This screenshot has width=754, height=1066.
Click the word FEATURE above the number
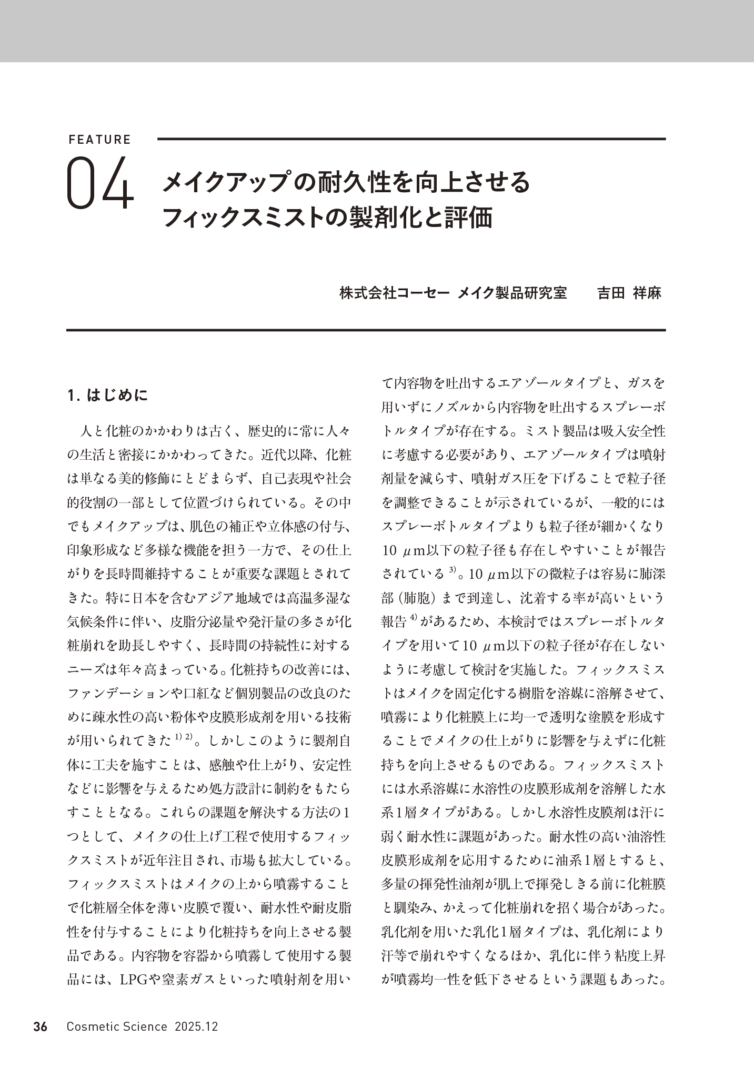[x=99, y=140]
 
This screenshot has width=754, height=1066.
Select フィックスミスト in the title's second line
[x=242, y=218]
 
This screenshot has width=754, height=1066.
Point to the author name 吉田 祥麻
[x=629, y=293]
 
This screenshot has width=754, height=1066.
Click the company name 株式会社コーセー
[x=394, y=293]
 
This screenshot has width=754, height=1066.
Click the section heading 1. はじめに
[x=108, y=396]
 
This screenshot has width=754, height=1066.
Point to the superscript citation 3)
[x=453, y=569]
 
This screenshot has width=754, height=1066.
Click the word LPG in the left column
[x=135, y=980]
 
